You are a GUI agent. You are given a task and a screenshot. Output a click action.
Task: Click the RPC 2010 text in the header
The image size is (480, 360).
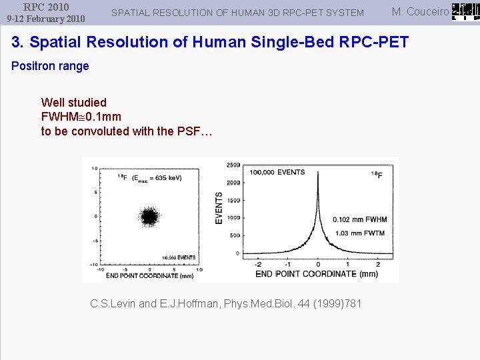(x=46, y=7)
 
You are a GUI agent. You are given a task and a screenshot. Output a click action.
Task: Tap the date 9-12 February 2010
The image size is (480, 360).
(x=46, y=19)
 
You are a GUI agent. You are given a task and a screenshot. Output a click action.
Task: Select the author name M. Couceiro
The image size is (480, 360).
(x=420, y=11)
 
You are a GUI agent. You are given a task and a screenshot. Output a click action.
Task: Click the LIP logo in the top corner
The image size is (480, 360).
(x=465, y=11)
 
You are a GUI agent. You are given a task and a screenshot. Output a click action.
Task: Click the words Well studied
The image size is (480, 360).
(x=73, y=102)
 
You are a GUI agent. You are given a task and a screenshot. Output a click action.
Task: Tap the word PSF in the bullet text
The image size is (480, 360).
(x=188, y=131)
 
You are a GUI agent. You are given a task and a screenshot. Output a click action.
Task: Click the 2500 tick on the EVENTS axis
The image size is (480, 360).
(x=233, y=165)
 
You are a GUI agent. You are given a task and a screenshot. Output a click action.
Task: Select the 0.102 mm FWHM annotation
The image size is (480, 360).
(x=360, y=219)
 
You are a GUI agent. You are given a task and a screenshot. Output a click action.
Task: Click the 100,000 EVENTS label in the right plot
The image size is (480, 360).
(x=277, y=172)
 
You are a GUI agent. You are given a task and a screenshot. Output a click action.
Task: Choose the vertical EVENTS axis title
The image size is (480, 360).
(x=219, y=208)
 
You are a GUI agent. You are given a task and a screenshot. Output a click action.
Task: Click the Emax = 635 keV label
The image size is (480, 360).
(x=157, y=178)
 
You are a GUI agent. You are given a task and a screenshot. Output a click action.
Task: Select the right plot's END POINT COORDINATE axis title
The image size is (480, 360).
(x=316, y=274)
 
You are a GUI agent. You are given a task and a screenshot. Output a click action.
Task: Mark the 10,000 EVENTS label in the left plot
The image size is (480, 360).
(x=177, y=257)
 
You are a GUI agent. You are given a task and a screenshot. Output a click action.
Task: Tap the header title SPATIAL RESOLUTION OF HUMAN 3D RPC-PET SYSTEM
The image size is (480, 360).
(x=237, y=13)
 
